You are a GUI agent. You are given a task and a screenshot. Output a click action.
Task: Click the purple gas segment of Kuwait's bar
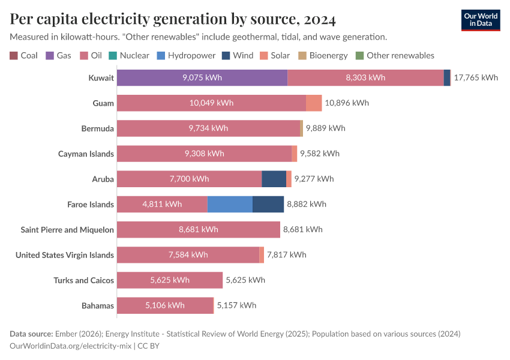(202, 77)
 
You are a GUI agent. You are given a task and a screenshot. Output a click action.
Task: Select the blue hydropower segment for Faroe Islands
(230, 204)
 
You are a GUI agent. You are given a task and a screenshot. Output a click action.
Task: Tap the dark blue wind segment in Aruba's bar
(274, 179)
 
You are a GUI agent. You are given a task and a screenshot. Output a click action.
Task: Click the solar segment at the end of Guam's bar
(314, 103)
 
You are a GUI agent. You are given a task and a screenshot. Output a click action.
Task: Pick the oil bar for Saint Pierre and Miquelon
(198, 230)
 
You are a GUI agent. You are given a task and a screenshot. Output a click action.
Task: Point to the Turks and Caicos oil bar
(170, 280)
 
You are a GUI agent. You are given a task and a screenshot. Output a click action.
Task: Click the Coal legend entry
(24, 55)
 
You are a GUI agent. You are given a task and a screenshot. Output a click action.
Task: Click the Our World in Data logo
(481, 20)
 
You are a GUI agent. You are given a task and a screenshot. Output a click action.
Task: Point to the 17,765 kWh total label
(476, 77)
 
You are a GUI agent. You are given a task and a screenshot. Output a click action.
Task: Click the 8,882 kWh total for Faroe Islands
(307, 204)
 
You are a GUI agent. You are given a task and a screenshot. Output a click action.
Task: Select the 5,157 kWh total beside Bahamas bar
(236, 305)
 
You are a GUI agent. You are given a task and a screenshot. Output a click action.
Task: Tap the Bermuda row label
(97, 128)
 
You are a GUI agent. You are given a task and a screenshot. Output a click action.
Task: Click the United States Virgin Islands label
(65, 255)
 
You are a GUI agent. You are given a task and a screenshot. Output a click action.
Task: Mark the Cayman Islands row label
(86, 154)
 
